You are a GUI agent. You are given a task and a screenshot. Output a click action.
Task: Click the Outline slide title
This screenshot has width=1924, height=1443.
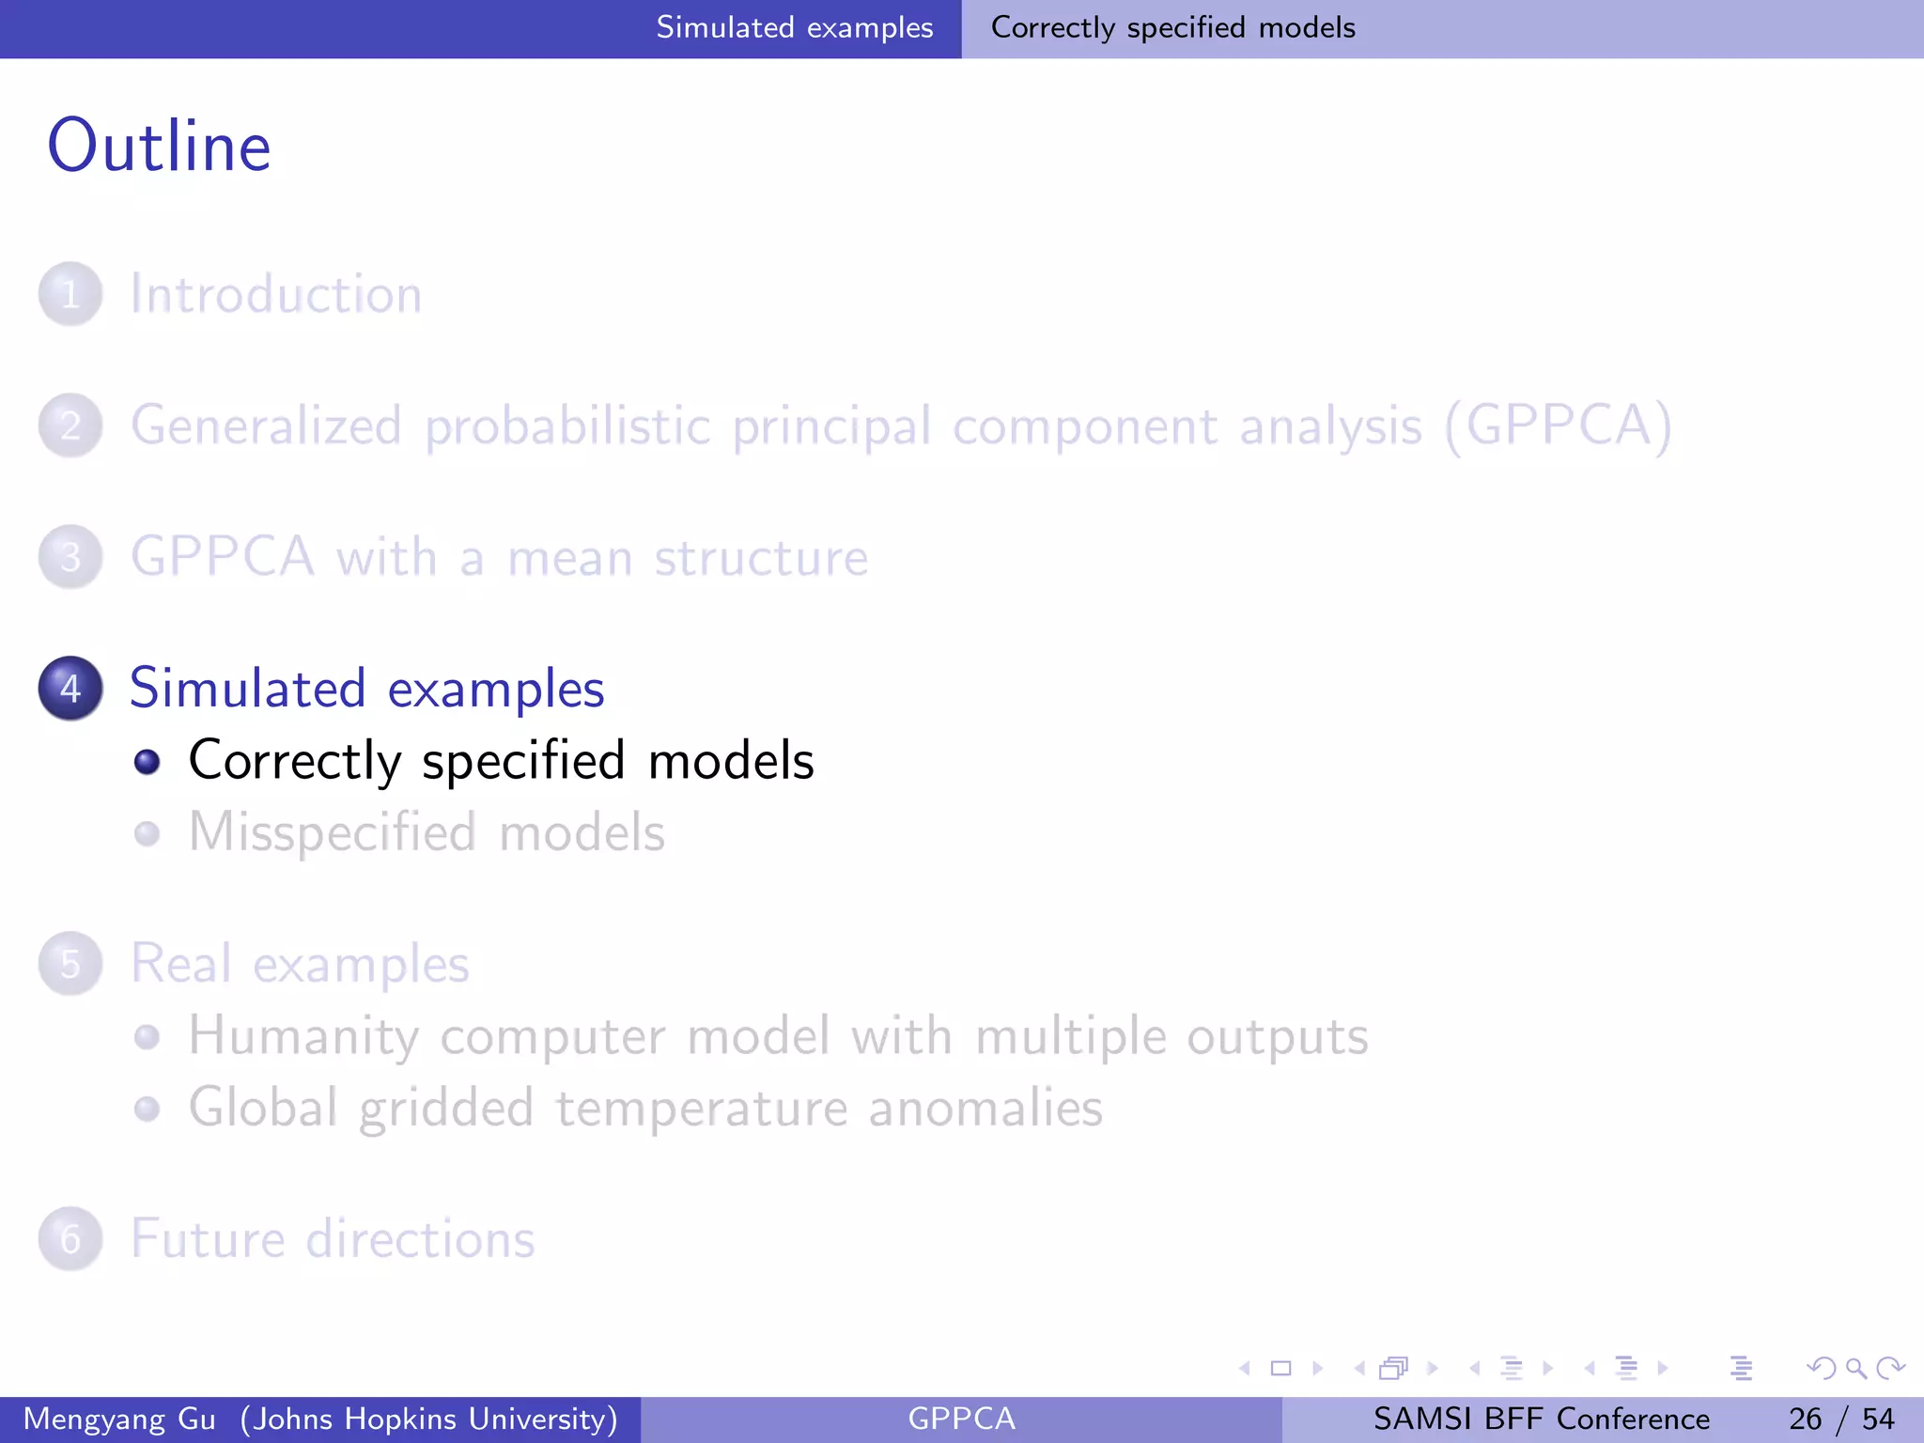160,147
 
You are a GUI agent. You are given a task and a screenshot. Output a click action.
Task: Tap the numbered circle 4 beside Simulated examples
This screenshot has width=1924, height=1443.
70,689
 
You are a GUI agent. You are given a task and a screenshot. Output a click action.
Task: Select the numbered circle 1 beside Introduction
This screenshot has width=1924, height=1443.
70,294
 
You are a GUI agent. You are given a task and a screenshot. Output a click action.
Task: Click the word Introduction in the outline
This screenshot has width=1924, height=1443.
275,294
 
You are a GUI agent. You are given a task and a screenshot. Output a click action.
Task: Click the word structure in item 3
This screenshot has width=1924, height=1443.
761,557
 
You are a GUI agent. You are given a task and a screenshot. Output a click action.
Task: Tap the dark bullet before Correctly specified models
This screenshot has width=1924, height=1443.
147,761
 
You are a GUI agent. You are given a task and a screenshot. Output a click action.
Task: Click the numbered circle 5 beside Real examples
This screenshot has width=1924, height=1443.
70,964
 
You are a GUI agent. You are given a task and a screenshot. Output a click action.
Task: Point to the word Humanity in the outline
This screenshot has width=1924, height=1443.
303,1036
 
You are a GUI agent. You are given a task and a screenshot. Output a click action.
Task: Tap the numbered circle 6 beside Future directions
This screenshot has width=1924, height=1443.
70,1239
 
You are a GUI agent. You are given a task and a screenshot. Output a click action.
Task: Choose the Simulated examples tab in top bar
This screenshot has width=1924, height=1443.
794,28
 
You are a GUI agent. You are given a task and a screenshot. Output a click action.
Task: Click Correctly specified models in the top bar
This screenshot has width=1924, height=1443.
1172,28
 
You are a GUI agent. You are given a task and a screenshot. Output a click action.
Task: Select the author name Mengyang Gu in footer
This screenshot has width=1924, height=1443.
119,1419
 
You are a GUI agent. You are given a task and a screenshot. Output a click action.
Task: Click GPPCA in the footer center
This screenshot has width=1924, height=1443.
961,1419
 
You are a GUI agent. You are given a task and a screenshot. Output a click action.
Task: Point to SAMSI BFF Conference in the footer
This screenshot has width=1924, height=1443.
1541,1419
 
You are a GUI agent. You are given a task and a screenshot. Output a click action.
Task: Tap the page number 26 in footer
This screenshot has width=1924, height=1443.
1805,1419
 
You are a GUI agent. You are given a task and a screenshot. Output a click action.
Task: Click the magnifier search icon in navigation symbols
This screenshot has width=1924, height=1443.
1855,1368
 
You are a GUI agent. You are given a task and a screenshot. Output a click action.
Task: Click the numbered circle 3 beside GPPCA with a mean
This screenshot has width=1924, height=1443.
70,557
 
